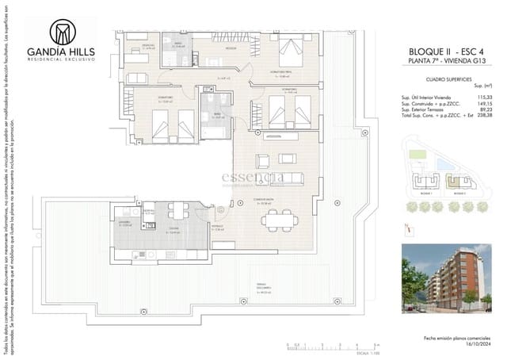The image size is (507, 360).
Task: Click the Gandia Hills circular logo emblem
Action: (61, 32)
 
